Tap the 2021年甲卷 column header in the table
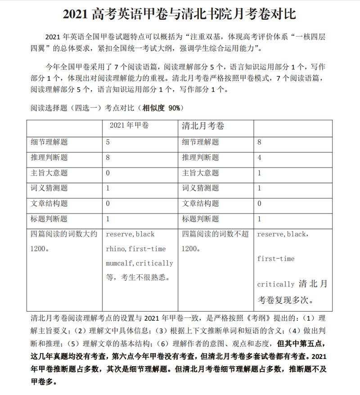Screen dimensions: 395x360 129,126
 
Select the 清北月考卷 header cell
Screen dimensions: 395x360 203,126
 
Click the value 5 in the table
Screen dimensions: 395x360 108,142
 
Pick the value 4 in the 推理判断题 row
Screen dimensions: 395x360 259,158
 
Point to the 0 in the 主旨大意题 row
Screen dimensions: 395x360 108,173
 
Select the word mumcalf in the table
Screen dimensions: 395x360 120,263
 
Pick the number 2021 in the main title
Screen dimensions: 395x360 75,14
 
